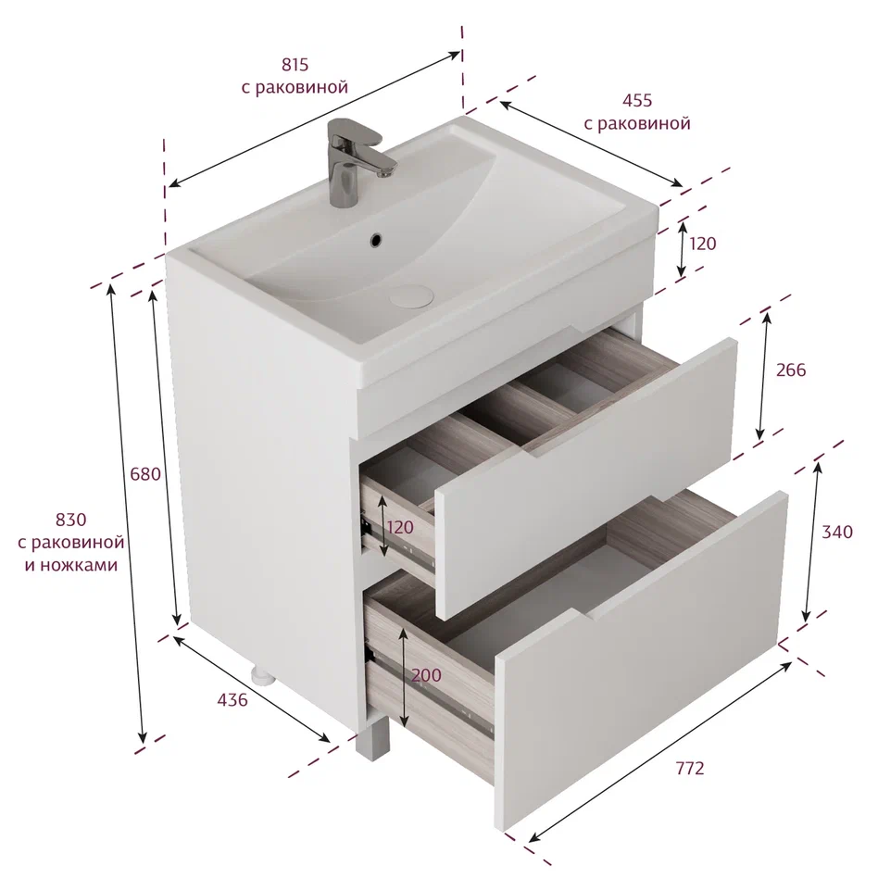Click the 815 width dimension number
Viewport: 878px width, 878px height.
295,65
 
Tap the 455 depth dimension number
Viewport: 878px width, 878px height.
637,100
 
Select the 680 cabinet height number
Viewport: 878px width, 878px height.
145,474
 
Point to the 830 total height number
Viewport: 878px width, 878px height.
70,520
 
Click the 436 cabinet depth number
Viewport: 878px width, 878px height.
232,699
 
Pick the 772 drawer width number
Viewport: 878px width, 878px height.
689,768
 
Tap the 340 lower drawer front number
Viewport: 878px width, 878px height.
837,532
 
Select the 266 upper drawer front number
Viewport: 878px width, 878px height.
791,370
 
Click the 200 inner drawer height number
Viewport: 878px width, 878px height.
426,675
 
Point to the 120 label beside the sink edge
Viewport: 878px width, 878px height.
702,244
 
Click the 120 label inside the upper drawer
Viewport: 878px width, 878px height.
400,527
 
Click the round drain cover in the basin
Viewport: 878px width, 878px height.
411,296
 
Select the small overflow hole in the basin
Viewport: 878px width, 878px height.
376,240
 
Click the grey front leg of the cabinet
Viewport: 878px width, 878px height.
372,738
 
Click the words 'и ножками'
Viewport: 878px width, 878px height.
71,565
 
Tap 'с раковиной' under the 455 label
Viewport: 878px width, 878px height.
637,123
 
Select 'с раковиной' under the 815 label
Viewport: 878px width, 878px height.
295,87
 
